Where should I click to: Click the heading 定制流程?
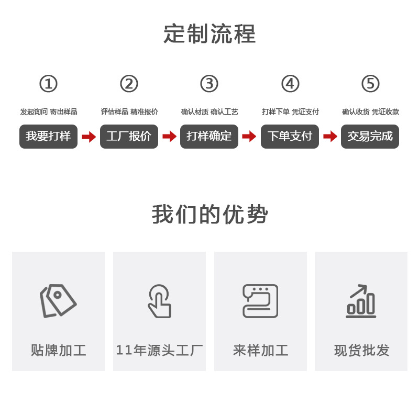point(210,35)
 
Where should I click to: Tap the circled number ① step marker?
point(48,84)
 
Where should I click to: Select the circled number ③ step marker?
point(210,84)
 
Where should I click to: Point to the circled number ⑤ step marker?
point(370,84)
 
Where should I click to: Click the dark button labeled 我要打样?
point(48,137)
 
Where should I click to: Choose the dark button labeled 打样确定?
point(210,137)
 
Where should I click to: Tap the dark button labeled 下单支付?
point(290,137)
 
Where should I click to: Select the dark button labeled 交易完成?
point(370,137)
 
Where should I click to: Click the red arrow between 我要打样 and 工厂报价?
point(89,137)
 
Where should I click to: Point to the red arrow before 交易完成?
point(330,137)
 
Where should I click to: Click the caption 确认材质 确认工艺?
point(210,112)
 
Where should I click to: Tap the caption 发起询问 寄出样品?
point(48,112)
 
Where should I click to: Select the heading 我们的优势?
point(210,215)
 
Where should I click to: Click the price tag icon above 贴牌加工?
point(58,300)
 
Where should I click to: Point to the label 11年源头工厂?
point(159,350)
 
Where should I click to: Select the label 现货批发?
point(361,350)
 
